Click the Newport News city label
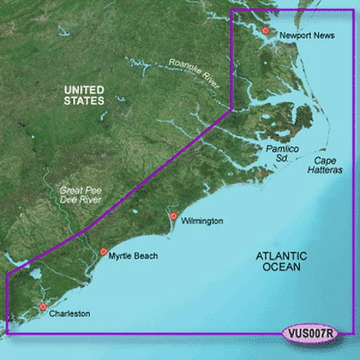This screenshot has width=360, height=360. click(307, 36)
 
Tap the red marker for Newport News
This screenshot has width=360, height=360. click(266, 30)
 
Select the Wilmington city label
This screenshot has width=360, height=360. click(202, 221)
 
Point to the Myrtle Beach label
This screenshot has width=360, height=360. click(133, 256)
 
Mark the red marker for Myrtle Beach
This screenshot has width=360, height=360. click(104, 252)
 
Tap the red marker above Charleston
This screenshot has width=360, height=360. click(42, 306)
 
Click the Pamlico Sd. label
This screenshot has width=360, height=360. click(276, 154)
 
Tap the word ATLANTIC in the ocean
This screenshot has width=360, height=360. click(281, 256)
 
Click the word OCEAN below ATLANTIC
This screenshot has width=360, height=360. click(281, 267)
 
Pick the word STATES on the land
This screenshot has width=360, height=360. click(84, 101)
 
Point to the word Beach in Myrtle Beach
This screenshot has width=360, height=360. click(145, 256)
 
